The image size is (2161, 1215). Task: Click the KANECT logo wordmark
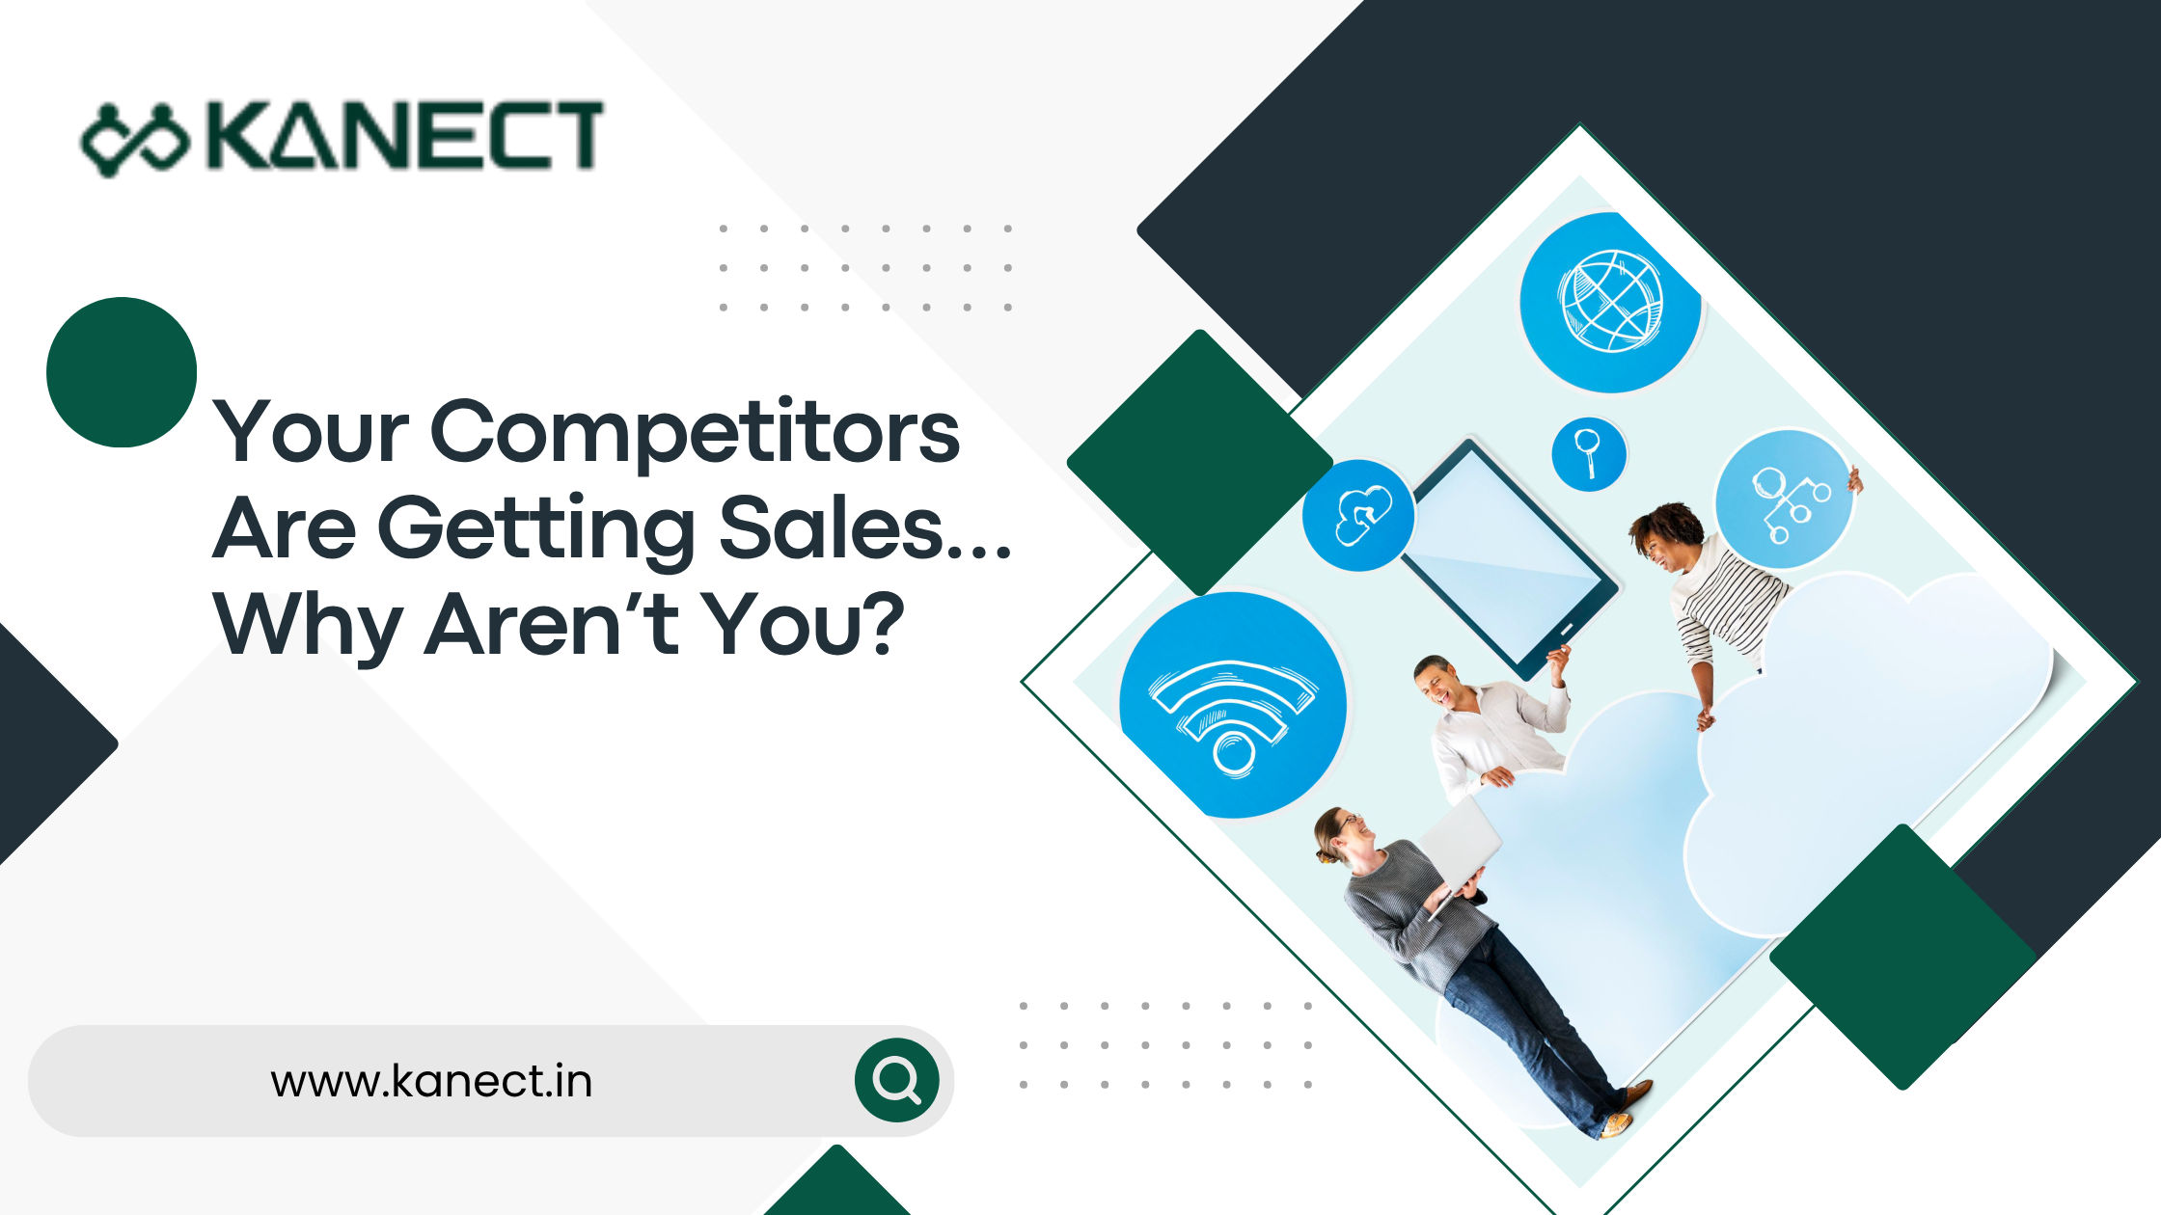tap(405, 137)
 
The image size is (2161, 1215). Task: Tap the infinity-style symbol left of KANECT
tap(135, 141)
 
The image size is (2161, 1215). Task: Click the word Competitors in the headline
tap(695, 432)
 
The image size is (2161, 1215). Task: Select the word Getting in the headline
tap(535, 528)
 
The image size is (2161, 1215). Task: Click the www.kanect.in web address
tap(431, 1081)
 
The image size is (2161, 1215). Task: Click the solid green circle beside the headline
tap(122, 372)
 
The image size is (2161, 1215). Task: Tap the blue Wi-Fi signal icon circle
tap(1233, 705)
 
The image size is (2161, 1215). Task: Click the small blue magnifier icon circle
tap(1588, 453)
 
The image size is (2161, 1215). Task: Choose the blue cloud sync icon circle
tap(1358, 515)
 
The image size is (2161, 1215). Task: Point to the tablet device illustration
tap(1510, 559)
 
